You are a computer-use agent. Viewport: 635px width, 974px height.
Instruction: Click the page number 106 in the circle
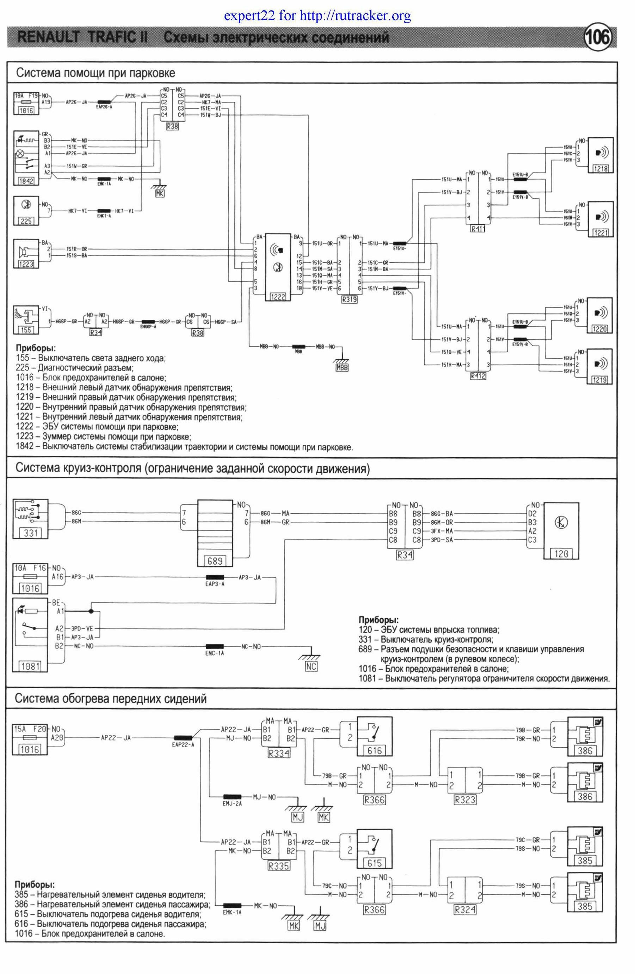[x=599, y=38]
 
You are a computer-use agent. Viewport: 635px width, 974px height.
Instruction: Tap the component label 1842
[x=26, y=181]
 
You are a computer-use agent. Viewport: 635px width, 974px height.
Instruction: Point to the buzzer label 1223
[x=26, y=264]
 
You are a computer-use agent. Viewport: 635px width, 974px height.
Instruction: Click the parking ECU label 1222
[x=278, y=297]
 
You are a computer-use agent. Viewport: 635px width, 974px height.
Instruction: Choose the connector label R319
[x=349, y=299]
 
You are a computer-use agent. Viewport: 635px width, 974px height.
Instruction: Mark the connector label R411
[x=477, y=229]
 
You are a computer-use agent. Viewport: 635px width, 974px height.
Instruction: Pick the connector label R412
[x=478, y=376]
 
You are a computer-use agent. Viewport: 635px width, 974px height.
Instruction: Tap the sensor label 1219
[x=600, y=380]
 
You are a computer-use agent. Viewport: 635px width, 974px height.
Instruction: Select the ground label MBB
[x=341, y=367]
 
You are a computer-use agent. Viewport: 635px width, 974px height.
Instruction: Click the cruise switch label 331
[x=31, y=533]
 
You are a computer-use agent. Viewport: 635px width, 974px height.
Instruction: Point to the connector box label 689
[x=215, y=561]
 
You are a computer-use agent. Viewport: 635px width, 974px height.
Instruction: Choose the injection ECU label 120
[x=561, y=554]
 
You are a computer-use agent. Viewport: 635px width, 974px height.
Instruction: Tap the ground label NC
[x=311, y=666]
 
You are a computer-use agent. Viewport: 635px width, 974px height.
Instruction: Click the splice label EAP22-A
[x=183, y=745]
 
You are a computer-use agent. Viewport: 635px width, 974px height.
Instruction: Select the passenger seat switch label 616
[x=374, y=751]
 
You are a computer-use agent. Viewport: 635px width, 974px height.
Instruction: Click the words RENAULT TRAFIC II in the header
[x=82, y=38]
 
